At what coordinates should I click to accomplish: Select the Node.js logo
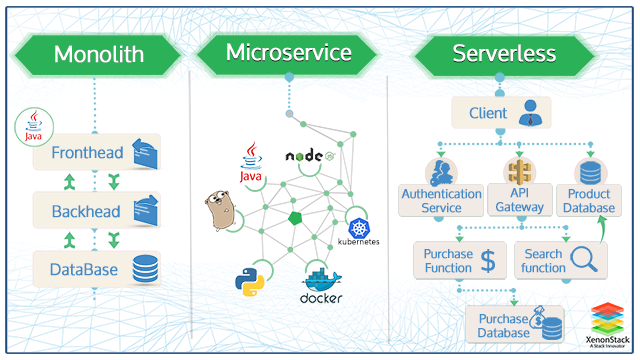click(x=316, y=156)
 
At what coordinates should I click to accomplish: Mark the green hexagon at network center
click(x=295, y=218)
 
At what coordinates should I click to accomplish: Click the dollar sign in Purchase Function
click(x=488, y=261)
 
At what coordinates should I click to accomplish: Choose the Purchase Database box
click(x=514, y=324)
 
